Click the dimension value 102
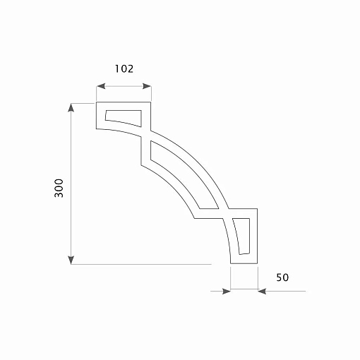(x=124, y=68)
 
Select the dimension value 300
(x=59, y=188)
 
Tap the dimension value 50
(x=282, y=277)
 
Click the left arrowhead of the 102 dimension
(x=100, y=86)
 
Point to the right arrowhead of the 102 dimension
(x=147, y=86)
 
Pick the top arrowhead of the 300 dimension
(x=71, y=107)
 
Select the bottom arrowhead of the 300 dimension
(x=71, y=260)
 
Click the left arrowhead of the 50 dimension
(x=227, y=292)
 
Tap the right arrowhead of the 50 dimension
(x=262, y=292)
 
